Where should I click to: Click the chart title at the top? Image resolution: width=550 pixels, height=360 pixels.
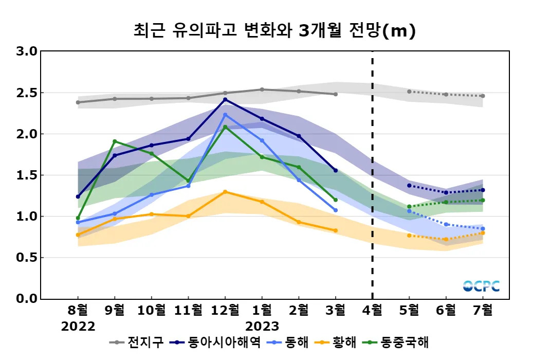(274, 31)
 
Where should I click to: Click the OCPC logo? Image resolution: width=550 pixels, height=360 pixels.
(481, 286)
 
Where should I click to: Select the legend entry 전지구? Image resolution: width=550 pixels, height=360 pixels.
(139, 342)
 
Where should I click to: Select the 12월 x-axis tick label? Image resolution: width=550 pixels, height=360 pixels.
(225, 311)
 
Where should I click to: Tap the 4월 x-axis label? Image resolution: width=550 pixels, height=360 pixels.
(372, 311)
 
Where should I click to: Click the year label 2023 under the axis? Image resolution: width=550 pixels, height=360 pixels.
(262, 327)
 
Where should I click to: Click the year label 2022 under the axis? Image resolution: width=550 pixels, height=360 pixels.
(78, 327)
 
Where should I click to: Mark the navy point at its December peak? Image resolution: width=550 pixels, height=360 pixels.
(225, 99)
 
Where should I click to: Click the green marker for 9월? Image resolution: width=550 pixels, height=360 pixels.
(115, 141)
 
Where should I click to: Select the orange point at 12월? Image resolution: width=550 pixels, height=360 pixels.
(225, 192)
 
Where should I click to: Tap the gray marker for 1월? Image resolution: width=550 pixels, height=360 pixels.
(262, 89)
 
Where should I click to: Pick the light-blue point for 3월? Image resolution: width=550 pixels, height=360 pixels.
(336, 210)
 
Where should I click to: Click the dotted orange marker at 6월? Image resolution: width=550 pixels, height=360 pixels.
(446, 239)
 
